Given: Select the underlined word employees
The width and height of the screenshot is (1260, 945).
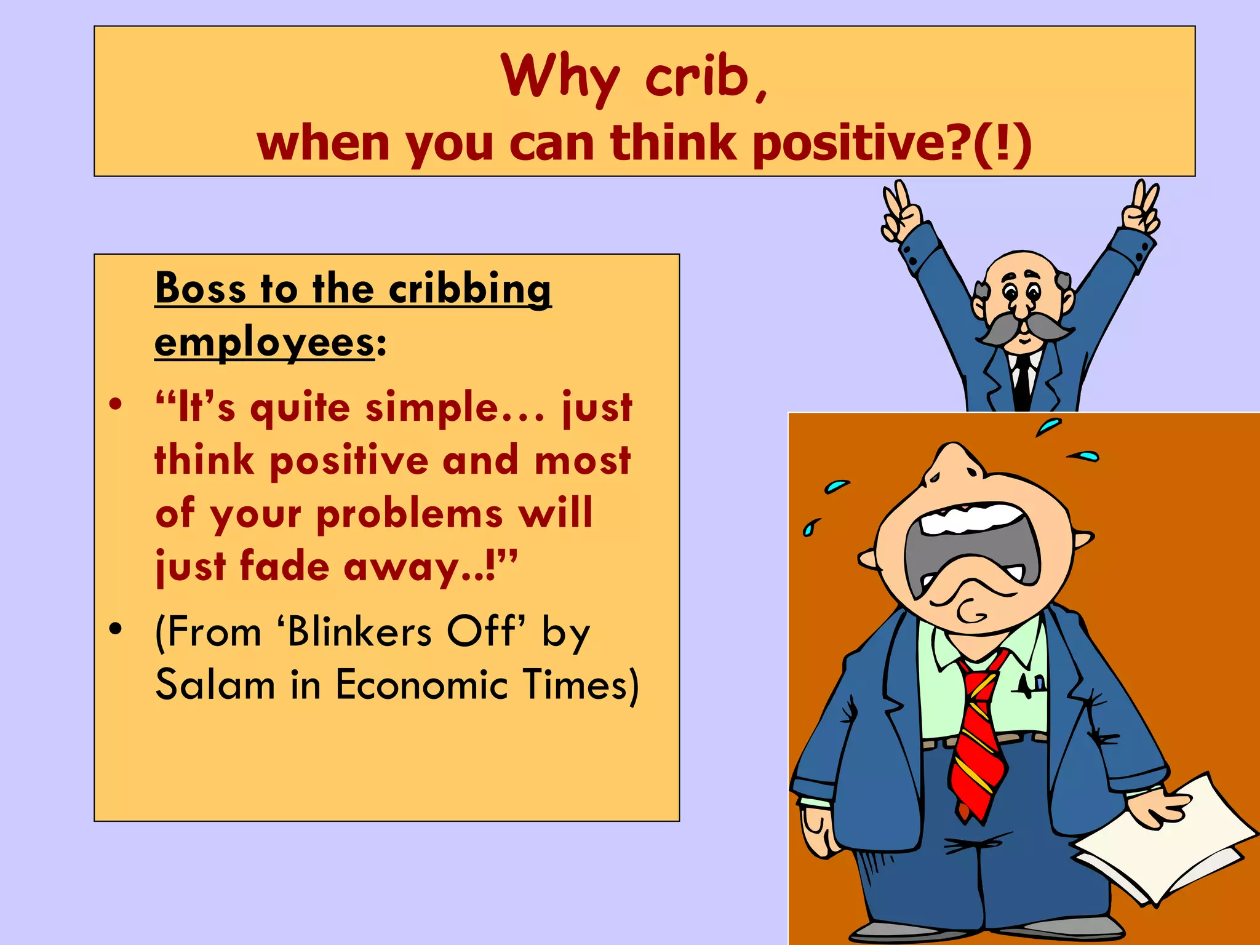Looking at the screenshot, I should click(265, 342).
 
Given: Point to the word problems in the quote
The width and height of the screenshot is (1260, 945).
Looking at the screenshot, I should click(409, 514).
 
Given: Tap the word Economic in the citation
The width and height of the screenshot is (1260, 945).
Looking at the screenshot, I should click(422, 685).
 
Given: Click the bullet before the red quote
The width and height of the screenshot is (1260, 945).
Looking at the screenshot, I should click(116, 405).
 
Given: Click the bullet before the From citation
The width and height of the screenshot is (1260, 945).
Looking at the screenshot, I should click(116, 629).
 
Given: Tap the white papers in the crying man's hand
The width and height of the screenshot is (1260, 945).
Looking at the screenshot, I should click(1169, 843).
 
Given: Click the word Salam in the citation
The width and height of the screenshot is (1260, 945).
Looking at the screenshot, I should click(215, 685).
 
